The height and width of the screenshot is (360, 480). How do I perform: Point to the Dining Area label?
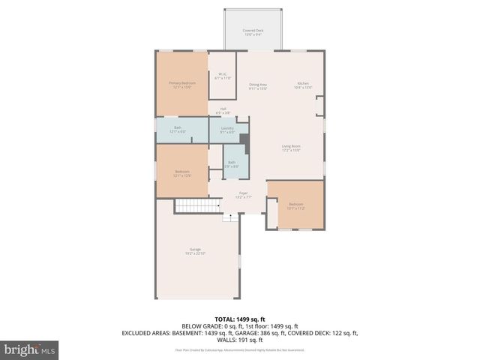(258, 86)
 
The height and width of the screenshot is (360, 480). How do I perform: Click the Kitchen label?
(303, 86)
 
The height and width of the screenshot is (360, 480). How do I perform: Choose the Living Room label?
(291, 148)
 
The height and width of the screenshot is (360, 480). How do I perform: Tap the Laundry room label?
(228, 130)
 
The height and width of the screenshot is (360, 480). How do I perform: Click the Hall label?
(223, 111)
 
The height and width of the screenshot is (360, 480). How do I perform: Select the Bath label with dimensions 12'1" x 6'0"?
(178, 129)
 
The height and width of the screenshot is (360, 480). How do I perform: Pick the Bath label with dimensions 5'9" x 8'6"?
(232, 163)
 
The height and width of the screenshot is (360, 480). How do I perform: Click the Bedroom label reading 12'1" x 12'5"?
(182, 173)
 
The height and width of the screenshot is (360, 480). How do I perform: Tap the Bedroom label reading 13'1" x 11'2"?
(296, 205)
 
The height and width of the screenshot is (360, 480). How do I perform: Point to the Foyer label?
(244, 195)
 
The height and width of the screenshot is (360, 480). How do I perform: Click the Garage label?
(195, 251)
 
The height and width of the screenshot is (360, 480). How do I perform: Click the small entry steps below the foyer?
(230, 218)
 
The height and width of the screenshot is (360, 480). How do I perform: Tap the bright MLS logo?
(29, 349)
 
